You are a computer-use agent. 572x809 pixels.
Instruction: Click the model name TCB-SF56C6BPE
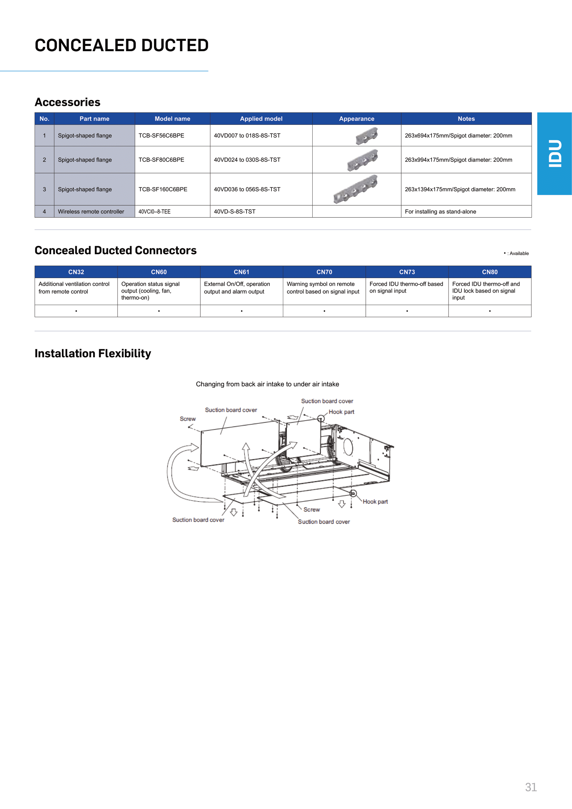tap(161, 136)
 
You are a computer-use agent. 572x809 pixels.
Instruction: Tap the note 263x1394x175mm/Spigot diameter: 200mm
tap(460, 190)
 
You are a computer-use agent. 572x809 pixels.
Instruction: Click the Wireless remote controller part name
tap(91, 212)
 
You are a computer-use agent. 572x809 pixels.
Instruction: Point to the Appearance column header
tap(357, 119)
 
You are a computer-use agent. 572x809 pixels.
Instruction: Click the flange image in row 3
tap(356, 189)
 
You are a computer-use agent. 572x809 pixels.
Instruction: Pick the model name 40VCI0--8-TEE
tap(154, 212)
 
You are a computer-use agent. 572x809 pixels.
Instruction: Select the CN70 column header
tap(324, 272)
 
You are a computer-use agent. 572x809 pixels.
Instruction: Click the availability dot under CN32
tap(76, 311)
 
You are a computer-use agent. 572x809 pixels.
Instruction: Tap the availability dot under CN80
tap(490, 311)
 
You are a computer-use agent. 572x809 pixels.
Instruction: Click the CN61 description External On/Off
tap(237, 287)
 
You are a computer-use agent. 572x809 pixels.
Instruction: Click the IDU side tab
tap(554, 154)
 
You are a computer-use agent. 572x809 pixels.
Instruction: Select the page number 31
tap(531, 787)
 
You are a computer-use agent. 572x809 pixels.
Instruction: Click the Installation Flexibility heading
tap(93, 353)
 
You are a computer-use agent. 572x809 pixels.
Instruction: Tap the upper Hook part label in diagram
tap(341, 412)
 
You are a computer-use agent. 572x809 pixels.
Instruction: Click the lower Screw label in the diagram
tap(312, 509)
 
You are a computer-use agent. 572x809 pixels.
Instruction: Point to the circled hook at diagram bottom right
tap(353, 493)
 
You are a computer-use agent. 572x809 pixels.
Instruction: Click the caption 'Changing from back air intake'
tap(267, 384)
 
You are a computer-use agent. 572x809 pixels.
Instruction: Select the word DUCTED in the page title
tap(175, 45)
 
